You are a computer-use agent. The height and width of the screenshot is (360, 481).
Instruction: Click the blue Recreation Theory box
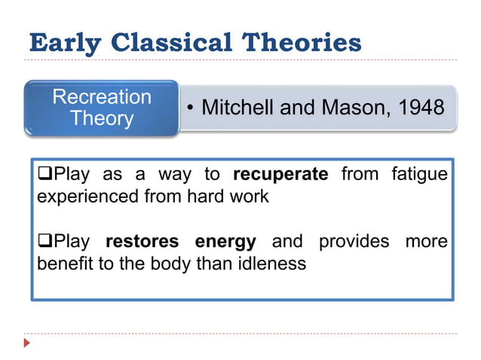coord(102,108)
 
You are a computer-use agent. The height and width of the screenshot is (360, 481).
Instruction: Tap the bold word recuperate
coord(280,175)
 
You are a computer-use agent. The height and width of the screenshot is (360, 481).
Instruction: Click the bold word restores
coord(142,243)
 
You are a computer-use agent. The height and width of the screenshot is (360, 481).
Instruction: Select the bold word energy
coord(225,243)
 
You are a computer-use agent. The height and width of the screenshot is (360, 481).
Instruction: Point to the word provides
coord(354,243)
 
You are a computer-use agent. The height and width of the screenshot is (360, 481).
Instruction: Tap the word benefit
coord(63,265)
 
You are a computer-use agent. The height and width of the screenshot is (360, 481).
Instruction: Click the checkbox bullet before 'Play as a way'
coord(44,175)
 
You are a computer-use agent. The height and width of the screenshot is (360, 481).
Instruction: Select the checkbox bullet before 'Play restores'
coord(44,243)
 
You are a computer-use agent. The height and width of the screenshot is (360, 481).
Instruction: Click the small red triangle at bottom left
coord(28,343)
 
